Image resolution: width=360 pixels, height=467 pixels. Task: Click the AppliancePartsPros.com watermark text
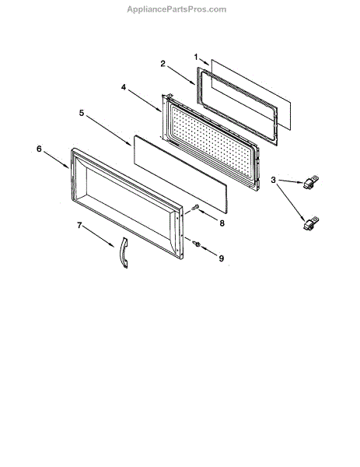tap(177, 9)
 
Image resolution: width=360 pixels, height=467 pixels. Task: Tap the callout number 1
tap(196, 57)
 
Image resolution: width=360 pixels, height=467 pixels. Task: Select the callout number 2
tap(163, 64)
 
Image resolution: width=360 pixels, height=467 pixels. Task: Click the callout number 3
tap(273, 180)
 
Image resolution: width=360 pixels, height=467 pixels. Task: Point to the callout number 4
tap(123, 87)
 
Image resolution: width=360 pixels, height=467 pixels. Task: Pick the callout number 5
tap(82, 113)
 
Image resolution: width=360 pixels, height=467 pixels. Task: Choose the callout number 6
tap(39, 149)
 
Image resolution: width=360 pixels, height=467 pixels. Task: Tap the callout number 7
tap(79, 225)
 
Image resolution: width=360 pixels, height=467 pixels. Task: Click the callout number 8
tap(222, 223)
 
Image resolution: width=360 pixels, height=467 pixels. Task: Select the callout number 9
tap(221, 258)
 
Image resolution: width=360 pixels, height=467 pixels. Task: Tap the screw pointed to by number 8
tap(195, 207)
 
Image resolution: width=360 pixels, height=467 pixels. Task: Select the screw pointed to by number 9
tap(197, 244)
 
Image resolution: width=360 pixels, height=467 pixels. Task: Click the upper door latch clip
tap(310, 182)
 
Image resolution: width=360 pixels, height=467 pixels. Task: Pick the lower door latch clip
tap(310, 224)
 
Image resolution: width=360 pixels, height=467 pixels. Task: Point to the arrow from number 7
tap(98, 237)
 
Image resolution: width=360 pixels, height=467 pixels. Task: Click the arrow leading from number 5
tap(108, 131)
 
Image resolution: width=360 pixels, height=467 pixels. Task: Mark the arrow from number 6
tap(57, 160)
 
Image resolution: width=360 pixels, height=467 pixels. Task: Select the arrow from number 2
tap(181, 75)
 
